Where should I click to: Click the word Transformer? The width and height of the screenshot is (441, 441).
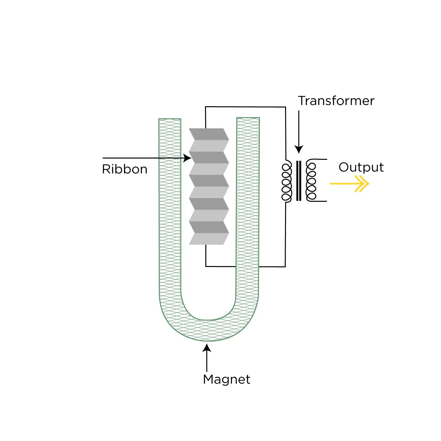336,101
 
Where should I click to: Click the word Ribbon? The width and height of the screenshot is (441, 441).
125,169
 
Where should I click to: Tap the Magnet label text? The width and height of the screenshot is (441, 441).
226,379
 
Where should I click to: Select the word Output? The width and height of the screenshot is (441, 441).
361,167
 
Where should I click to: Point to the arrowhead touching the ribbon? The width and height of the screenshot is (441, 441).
187,158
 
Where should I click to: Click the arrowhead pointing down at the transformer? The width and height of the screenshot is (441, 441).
299,149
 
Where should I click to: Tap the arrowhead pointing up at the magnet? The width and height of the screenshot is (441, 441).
207,348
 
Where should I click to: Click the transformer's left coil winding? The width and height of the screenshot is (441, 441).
286,181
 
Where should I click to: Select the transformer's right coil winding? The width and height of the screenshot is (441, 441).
312,181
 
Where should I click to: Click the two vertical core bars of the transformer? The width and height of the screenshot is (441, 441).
299,181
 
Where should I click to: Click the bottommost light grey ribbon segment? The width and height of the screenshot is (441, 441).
208,239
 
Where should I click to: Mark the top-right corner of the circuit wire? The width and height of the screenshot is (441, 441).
285,107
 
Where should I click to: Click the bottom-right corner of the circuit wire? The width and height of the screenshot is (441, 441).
285,266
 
